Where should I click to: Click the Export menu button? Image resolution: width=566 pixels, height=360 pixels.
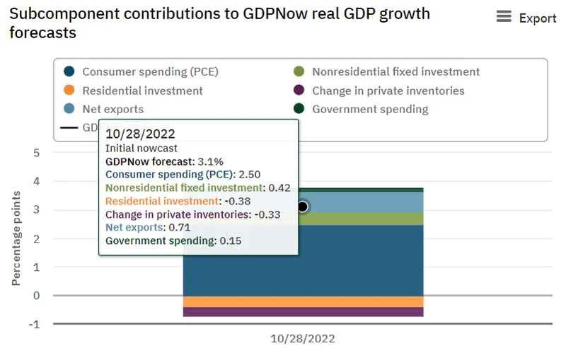(x=526, y=18)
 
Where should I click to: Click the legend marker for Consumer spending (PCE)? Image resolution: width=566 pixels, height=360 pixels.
(x=69, y=71)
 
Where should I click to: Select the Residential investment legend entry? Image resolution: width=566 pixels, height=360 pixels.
(x=142, y=91)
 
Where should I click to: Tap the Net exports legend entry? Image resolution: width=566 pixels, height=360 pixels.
(x=112, y=109)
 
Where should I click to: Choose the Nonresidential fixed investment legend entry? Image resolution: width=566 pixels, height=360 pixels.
(x=395, y=71)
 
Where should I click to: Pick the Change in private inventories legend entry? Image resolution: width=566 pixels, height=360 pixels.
(x=388, y=91)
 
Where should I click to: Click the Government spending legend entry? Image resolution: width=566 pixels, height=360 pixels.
(x=370, y=109)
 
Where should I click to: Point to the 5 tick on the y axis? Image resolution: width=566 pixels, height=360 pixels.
(x=36, y=153)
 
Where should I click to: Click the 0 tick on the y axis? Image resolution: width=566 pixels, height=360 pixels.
(x=36, y=296)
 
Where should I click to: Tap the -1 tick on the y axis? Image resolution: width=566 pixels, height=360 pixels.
(x=34, y=324)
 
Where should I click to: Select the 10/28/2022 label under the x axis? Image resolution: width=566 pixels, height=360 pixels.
(x=303, y=339)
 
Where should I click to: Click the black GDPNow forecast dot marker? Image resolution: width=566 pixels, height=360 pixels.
(x=303, y=207)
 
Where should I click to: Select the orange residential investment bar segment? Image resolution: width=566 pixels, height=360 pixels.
(x=354, y=301)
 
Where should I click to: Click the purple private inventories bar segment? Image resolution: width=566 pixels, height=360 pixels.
(x=354, y=312)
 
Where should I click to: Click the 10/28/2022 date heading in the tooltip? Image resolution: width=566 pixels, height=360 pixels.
(x=141, y=133)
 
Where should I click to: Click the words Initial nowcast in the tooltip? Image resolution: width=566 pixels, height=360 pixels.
(x=141, y=148)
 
